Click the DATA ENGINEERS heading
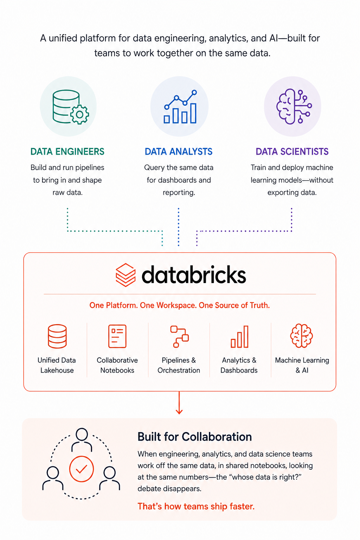pos(67,152)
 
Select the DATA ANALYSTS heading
pos(179,152)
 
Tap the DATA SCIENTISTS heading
pos(292,152)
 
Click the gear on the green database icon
pos(79,115)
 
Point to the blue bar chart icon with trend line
pos(180,107)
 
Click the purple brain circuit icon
pos(294,106)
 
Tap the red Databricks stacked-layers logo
pos(126,275)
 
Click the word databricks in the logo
pos(194,274)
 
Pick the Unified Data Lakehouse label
pos(57,365)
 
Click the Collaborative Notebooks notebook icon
pos(117,336)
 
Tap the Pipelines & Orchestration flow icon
pos(179,336)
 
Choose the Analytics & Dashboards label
pos(239,365)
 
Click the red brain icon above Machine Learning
pos(301,336)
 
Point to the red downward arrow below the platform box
pos(179,403)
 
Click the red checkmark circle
pos(82,469)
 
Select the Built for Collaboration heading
pos(194,437)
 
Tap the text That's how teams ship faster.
pos(196,506)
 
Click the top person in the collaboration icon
pos(82,440)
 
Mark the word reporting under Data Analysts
pos(179,193)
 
